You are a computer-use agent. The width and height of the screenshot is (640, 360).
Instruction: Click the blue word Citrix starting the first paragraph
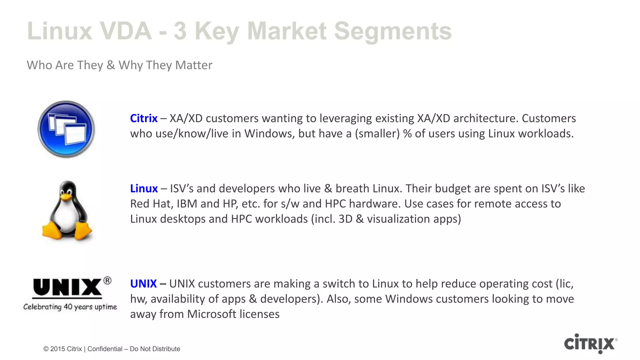tap(143, 118)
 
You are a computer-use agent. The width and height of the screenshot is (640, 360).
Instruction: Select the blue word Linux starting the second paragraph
tap(144, 188)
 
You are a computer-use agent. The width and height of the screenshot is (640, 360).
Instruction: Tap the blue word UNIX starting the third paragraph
tap(143, 284)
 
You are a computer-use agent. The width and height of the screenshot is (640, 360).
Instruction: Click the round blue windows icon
tap(66, 129)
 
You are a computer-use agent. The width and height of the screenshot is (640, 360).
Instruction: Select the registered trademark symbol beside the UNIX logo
tap(107, 280)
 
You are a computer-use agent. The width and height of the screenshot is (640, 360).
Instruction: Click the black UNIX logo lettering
tap(67, 288)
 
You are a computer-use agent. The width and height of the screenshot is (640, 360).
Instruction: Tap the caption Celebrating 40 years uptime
tap(70, 307)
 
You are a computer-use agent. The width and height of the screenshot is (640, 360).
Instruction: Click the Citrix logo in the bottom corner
tap(590, 344)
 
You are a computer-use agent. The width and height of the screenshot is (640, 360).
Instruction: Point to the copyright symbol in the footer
tap(46, 349)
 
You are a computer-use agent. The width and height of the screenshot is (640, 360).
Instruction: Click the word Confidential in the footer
tap(105, 349)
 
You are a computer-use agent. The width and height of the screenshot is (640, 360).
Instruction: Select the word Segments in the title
tap(393, 31)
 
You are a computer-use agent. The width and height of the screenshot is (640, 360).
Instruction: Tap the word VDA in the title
tap(126, 31)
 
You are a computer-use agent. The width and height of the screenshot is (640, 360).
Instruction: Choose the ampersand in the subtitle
tap(111, 65)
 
